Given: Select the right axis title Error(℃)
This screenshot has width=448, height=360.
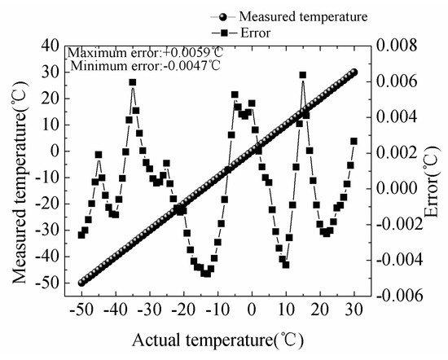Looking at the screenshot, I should [x=430, y=174].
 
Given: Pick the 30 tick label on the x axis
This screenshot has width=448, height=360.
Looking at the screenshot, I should [x=354, y=310].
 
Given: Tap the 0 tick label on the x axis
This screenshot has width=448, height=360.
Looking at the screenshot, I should [x=252, y=310].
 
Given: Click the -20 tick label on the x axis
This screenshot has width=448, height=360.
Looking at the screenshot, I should [x=182, y=310].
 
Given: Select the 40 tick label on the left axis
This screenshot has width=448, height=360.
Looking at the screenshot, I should [x=51, y=46].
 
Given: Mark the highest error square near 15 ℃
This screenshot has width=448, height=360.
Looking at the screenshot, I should [x=303, y=75].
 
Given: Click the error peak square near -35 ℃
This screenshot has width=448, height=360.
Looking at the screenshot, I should [x=132, y=82].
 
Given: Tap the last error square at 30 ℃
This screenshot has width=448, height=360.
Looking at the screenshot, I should [x=354, y=141].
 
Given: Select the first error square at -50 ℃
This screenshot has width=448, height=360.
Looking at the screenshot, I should [x=81, y=235].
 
